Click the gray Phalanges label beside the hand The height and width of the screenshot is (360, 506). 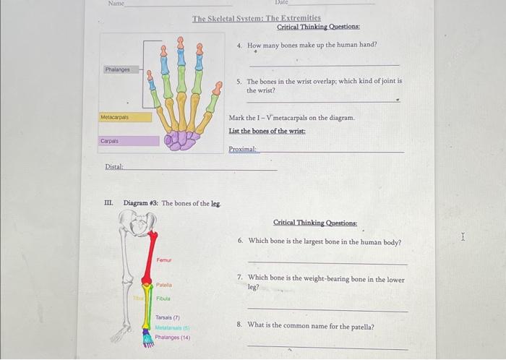point(117,70)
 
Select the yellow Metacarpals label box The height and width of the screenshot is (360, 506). point(115,116)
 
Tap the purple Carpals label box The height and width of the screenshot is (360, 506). point(111,141)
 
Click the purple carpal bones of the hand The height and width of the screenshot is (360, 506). point(179,140)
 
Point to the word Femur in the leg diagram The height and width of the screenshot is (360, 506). point(164,259)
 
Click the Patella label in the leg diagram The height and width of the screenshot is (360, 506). point(164,285)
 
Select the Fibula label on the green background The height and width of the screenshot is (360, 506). point(163,299)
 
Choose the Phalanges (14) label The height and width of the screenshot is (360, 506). point(172,337)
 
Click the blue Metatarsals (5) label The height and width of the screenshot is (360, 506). point(172,327)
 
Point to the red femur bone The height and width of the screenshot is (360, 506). point(150,260)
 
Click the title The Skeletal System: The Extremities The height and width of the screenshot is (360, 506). point(256,18)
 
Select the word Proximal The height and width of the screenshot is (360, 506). point(242,149)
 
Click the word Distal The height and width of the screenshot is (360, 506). point(114,167)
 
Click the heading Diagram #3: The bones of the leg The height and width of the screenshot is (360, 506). point(172,203)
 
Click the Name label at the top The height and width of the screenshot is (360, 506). point(116,4)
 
